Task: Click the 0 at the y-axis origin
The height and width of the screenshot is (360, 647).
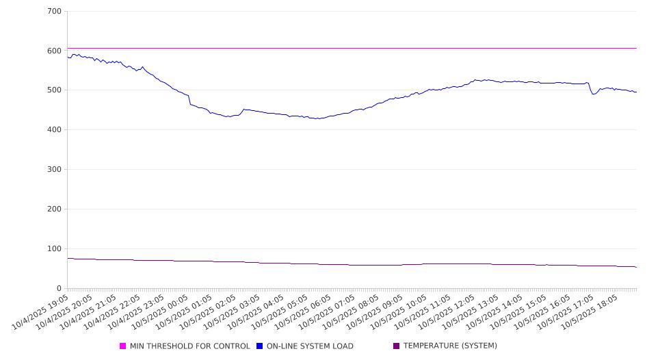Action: click(x=60, y=289)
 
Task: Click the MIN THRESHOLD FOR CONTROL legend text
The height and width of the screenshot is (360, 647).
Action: click(x=189, y=346)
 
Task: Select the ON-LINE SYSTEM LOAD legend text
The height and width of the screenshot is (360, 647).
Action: click(x=310, y=346)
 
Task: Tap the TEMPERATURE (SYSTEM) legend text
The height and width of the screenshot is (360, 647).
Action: click(x=450, y=346)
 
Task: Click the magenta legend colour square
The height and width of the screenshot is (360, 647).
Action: click(x=123, y=346)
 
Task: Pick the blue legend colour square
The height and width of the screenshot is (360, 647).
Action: click(x=260, y=346)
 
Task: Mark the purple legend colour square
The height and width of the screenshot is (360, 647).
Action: click(x=397, y=346)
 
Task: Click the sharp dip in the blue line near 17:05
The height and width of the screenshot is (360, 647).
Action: click(x=593, y=93)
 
